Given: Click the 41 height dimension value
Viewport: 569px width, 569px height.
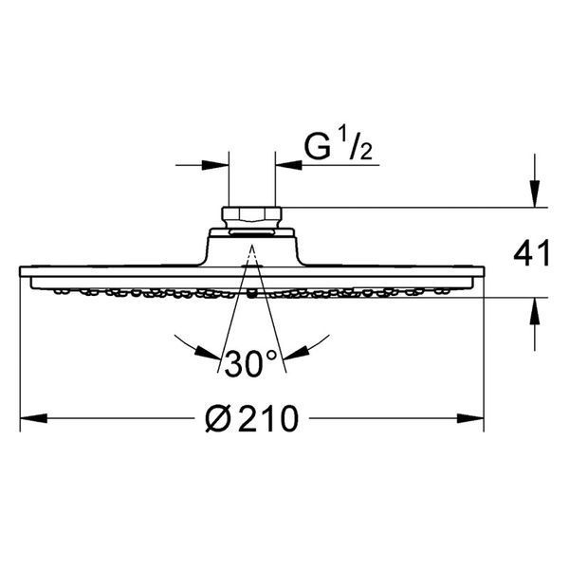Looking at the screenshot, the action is click(532, 254).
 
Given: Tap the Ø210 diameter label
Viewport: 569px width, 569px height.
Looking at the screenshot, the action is click(252, 419).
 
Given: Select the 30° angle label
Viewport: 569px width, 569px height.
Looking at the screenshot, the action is click(251, 363).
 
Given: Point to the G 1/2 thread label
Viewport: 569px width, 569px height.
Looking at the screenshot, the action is click(339, 148).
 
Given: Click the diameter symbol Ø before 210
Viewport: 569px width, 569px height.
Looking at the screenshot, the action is click(218, 419).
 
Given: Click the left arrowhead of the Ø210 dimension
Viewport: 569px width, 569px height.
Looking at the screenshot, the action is click(33, 418).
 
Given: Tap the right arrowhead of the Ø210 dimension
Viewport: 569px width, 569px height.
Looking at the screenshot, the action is click(470, 418).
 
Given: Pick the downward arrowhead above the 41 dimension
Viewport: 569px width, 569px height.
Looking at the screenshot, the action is click(535, 193).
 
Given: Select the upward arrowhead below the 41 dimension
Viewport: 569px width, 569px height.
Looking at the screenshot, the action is click(535, 311).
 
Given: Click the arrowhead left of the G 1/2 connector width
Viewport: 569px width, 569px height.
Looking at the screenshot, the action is click(215, 165).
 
